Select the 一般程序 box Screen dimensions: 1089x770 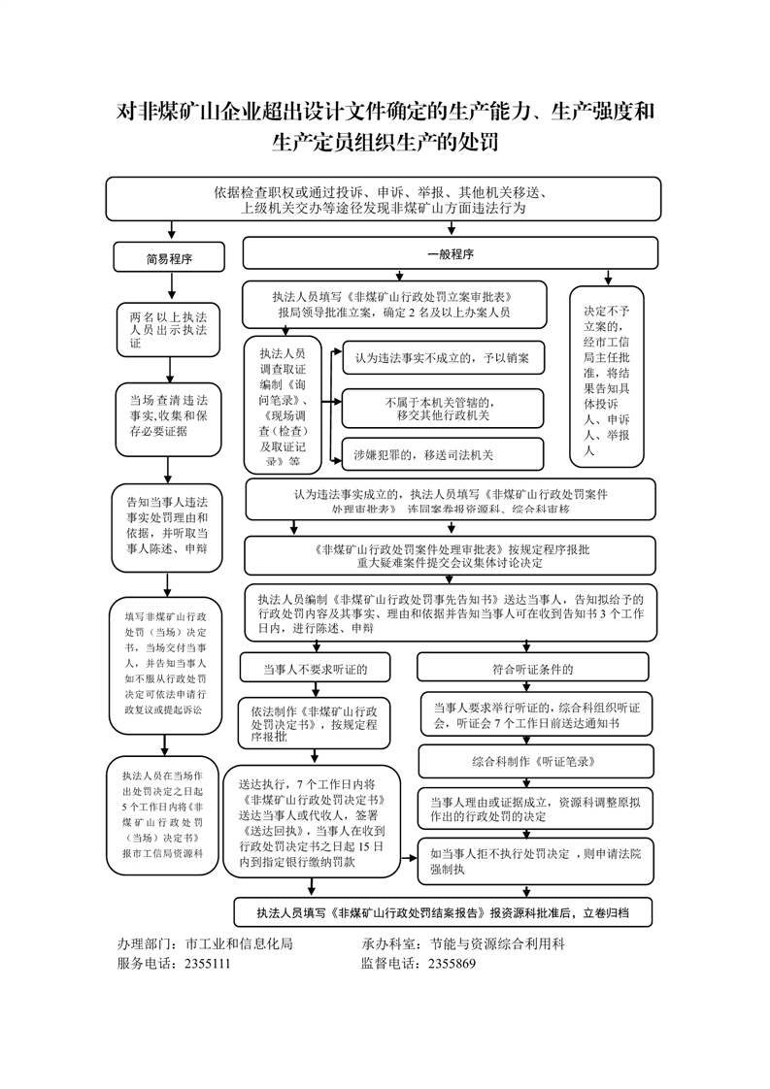pyautogui.click(x=450, y=254)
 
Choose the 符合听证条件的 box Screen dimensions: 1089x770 pyautogui.click(x=532, y=669)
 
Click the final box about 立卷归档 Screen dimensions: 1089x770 pyautogui.click(x=442, y=912)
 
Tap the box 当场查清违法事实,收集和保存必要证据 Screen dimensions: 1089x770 pyautogui.click(x=169, y=418)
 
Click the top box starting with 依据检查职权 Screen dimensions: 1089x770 pyautogui.click(x=383, y=199)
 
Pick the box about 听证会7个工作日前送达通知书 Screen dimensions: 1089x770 pyautogui.click(x=532, y=715)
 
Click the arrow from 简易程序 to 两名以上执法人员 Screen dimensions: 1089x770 pyautogui.click(x=171, y=286)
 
